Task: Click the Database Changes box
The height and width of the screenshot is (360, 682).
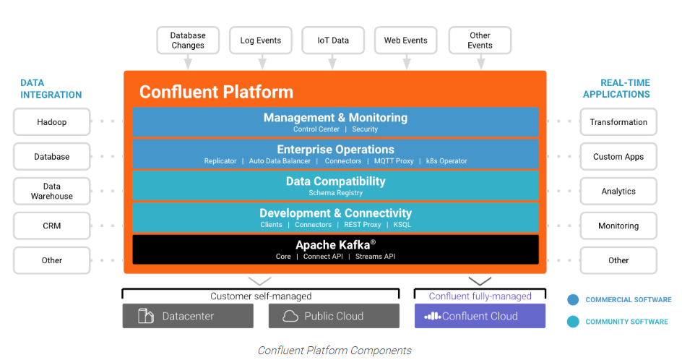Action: point(188,40)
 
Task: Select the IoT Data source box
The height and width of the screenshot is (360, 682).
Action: point(333,40)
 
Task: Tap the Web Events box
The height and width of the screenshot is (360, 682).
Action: point(406,40)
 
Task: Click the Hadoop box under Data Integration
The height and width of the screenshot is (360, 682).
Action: point(52,122)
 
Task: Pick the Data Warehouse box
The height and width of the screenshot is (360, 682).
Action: point(52,192)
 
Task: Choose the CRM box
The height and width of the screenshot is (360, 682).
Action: point(52,226)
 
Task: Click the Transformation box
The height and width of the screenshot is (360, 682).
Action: point(618,122)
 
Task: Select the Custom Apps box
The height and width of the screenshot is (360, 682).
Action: point(618,157)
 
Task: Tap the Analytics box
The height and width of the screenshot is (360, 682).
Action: point(618,192)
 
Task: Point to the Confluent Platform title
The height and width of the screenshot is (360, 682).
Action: point(216,92)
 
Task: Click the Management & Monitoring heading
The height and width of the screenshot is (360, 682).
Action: point(335,118)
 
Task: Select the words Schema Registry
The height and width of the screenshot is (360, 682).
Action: point(335,193)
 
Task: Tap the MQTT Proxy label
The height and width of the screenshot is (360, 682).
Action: point(394,161)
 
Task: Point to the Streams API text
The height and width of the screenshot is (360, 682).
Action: point(375,257)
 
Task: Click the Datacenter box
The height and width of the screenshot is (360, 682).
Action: point(188,316)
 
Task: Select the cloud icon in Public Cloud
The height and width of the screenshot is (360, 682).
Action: point(290,316)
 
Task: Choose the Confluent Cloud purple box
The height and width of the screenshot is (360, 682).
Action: point(480,316)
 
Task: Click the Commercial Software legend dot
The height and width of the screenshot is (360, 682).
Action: point(573,300)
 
